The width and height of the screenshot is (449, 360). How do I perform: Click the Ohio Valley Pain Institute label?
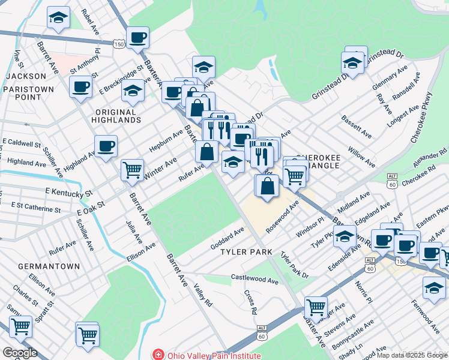(x=214, y=355)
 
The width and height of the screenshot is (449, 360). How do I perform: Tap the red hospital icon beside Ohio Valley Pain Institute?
(x=158, y=355)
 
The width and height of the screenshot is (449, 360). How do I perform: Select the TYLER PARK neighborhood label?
(x=247, y=252)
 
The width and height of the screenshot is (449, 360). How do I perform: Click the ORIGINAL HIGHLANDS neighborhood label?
(x=118, y=116)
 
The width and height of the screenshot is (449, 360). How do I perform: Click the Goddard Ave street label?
(x=228, y=239)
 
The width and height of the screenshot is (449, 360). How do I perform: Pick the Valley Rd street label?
(x=203, y=295)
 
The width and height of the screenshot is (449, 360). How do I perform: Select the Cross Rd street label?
(x=251, y=302)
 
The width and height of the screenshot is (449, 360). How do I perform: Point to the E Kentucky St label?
(x=68, y=193)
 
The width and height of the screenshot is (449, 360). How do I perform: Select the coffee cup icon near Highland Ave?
(x=106, y=146)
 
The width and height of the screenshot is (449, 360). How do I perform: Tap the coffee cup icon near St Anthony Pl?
(x=80, y=86)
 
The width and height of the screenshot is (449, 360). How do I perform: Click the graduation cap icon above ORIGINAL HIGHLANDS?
(x=133, y=91)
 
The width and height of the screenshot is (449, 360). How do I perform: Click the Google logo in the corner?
(x=20, y=353)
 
